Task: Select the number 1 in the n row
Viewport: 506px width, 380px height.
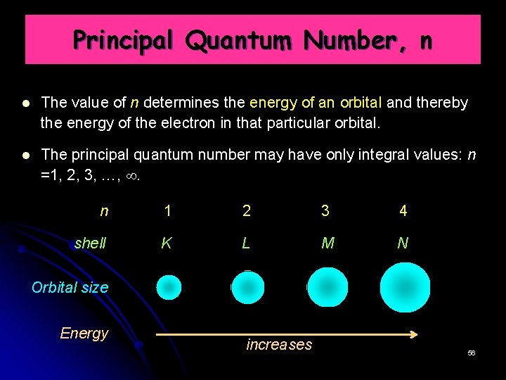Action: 167,210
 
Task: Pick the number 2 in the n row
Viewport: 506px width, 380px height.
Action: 246,210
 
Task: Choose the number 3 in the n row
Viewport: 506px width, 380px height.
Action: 325,210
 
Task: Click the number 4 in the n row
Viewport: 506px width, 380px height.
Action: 403,210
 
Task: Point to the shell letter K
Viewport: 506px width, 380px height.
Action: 167,243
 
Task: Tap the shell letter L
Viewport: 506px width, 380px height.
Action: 245,243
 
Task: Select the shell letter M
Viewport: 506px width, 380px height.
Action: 327,243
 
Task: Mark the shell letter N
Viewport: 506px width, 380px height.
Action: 403,243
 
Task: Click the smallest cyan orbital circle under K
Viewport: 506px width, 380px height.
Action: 169,287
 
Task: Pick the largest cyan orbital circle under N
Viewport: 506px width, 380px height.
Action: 405,287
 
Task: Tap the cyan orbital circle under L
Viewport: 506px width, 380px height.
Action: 247,287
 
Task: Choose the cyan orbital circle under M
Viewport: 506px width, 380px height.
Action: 327,287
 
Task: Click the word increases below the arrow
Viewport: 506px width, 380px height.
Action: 279,345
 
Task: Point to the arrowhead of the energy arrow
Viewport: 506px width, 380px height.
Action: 415,334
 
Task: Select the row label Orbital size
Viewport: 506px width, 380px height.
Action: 70,287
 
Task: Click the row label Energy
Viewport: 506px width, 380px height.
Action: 84,333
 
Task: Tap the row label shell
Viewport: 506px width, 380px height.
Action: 90,243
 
